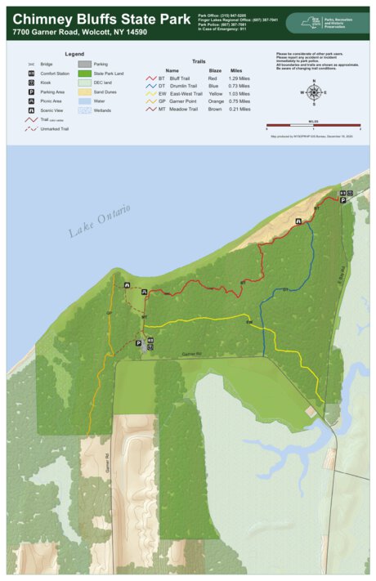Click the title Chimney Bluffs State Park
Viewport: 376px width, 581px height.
pos(98,17)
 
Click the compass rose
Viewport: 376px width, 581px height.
pos(312,92)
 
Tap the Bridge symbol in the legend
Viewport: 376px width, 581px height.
pos(30,64)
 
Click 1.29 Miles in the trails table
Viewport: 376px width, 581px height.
pos(239,78)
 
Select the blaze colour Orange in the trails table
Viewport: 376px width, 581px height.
pos(215,101)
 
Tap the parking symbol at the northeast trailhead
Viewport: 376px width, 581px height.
pos(343,200)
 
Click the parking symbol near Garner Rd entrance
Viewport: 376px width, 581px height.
pos(138,343)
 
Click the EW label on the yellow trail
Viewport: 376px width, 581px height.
pos(248,323)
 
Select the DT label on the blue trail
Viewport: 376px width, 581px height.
pos(285,290)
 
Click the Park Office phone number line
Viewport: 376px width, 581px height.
pos(222,15)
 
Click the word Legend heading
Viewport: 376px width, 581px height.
pos(74,54)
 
